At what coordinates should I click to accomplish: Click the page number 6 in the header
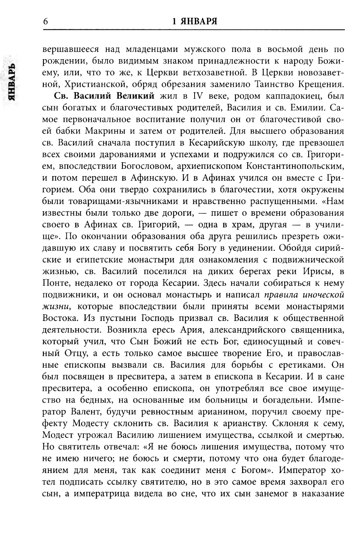tap(45, 21)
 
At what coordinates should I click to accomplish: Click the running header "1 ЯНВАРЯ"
tap(195, 21)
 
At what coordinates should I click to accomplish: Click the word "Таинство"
tap(273, 85)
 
